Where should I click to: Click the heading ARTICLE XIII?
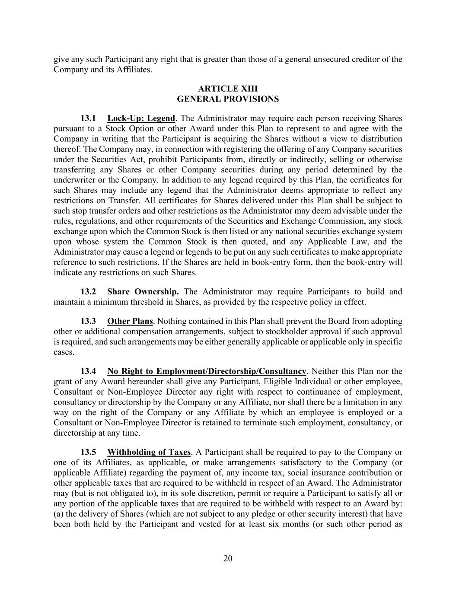coord(228,89)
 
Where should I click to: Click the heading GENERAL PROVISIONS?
coord(228,99)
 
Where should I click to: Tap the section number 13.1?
coord(88,118)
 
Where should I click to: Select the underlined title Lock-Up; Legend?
coord(141,118)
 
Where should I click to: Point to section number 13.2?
coord(88,292)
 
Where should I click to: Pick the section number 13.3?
coord(88,321)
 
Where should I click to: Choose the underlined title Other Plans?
coord(130,321)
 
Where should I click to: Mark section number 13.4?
coord(88,371)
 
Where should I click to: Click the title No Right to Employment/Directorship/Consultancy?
coord(207,371)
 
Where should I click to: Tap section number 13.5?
coord(88,452)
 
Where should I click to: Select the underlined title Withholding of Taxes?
coord(149,452)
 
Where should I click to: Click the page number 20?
coord(228,558)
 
